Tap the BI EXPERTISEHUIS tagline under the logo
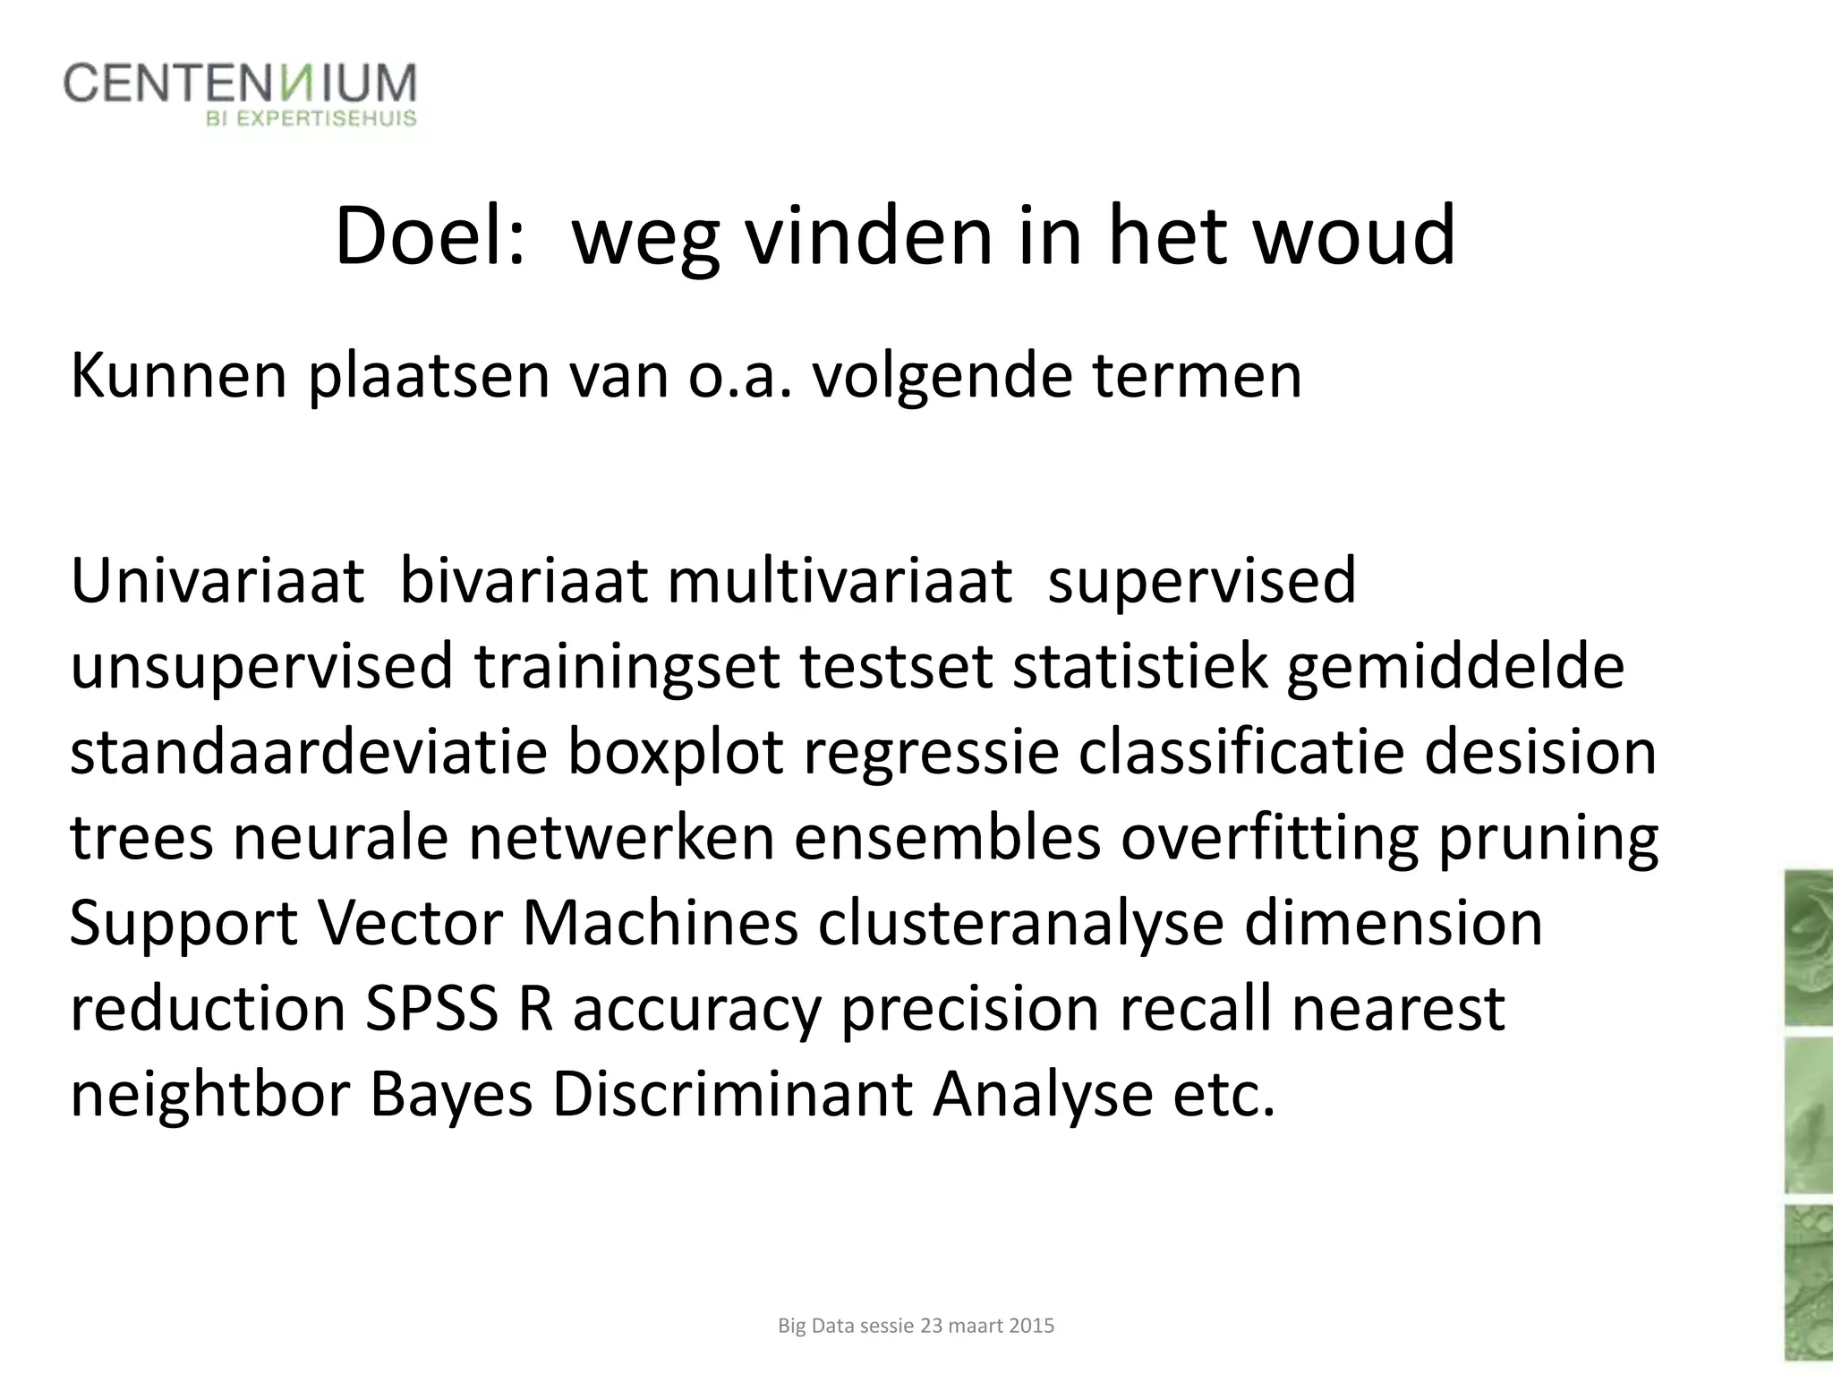coord(311,119)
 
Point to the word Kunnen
coord(179,376)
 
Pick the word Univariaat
coord(217,581)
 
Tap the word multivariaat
coord(840,581)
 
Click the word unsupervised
coord(261,667)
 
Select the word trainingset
coord(627,667)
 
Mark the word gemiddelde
coord(1455,667)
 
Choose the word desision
coord(1540,752)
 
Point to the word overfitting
coord(1269,838)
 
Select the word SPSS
coord(431,1009)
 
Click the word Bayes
coord(451,1095)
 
